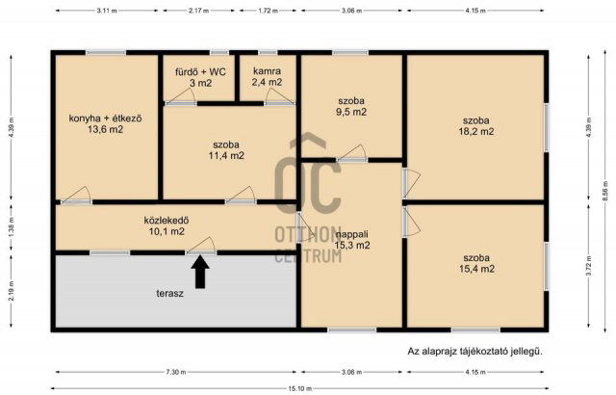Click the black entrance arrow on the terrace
coord(199,274)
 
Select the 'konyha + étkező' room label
coord(105,118)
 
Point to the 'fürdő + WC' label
coord(198,71)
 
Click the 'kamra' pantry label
coord(267,71)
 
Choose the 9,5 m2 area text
coord(351,112)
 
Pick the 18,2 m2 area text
coord(475,131)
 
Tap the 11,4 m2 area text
coord(227,154)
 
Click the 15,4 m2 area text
coord(475,269)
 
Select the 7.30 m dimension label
coord(174,371)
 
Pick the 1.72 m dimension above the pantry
coord(269,10)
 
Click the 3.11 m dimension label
coord(107,10)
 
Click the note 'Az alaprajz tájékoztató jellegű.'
coord(475,352)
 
